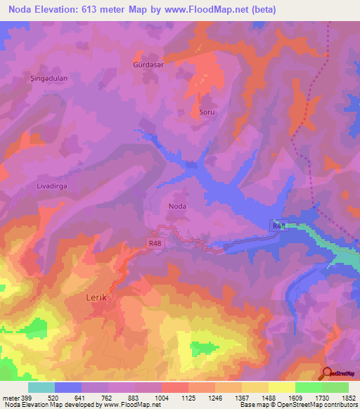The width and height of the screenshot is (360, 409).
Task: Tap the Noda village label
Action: (x=178, y=206)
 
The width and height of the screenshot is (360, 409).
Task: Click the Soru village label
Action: (x=206, y=112)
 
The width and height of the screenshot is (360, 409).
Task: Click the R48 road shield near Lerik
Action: (x=155, y=243)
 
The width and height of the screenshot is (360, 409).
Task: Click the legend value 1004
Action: (x=162, y=398)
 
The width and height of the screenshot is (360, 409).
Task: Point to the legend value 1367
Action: (x=242, y=398)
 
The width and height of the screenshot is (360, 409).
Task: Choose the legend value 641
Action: (x=82, y=398)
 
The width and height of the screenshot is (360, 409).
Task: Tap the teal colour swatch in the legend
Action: (x=41, y=387)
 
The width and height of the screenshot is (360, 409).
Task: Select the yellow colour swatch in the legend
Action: (x=282, y=387)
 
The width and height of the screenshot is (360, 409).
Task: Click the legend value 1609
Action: (x=295, y=398)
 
